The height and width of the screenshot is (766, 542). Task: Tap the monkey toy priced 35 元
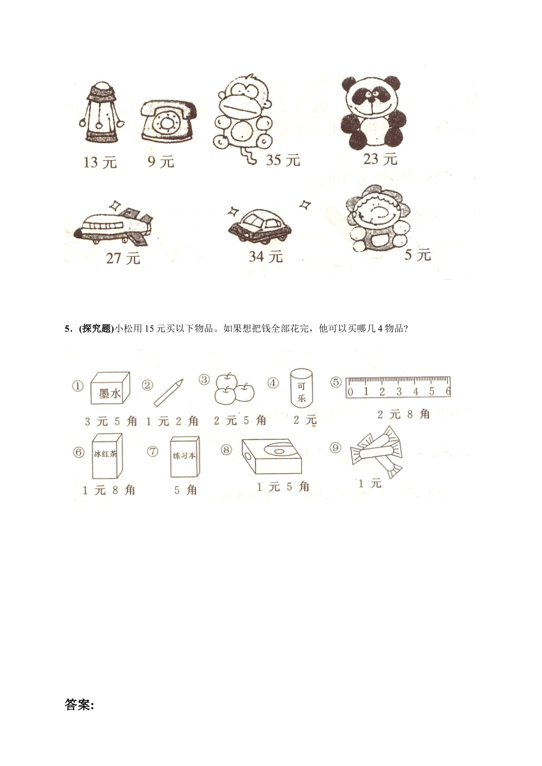pyautogui.click(x=242, y=117)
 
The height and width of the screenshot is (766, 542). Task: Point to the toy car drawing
pyautogui.click(x=259, y=224)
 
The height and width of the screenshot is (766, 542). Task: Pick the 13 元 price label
pyautogui.click(x=100, y=162)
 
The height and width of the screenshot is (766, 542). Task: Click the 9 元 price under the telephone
pyautogui.click(x=160, y=162)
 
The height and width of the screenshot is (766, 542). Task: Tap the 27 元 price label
pyautogui.click(x=123, y=258)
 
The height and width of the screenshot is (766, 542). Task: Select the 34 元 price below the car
pyautogui.click(x=265, y=257)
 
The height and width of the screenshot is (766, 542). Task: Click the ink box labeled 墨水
pyautogui.click(x=111, y=389)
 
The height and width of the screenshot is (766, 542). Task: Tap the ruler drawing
pyautogui.click(x=398, y=387)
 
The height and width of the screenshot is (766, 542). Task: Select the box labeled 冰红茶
pyautogui.click(x=107, y=456)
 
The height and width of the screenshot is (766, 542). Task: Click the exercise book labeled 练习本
pyautogui.click(x=185, y=457)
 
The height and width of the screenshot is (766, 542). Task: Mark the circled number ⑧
pyautogui.click(x=226, y=450)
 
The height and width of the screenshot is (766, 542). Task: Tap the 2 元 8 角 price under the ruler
pyautogui.click(x=403, y=414)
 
